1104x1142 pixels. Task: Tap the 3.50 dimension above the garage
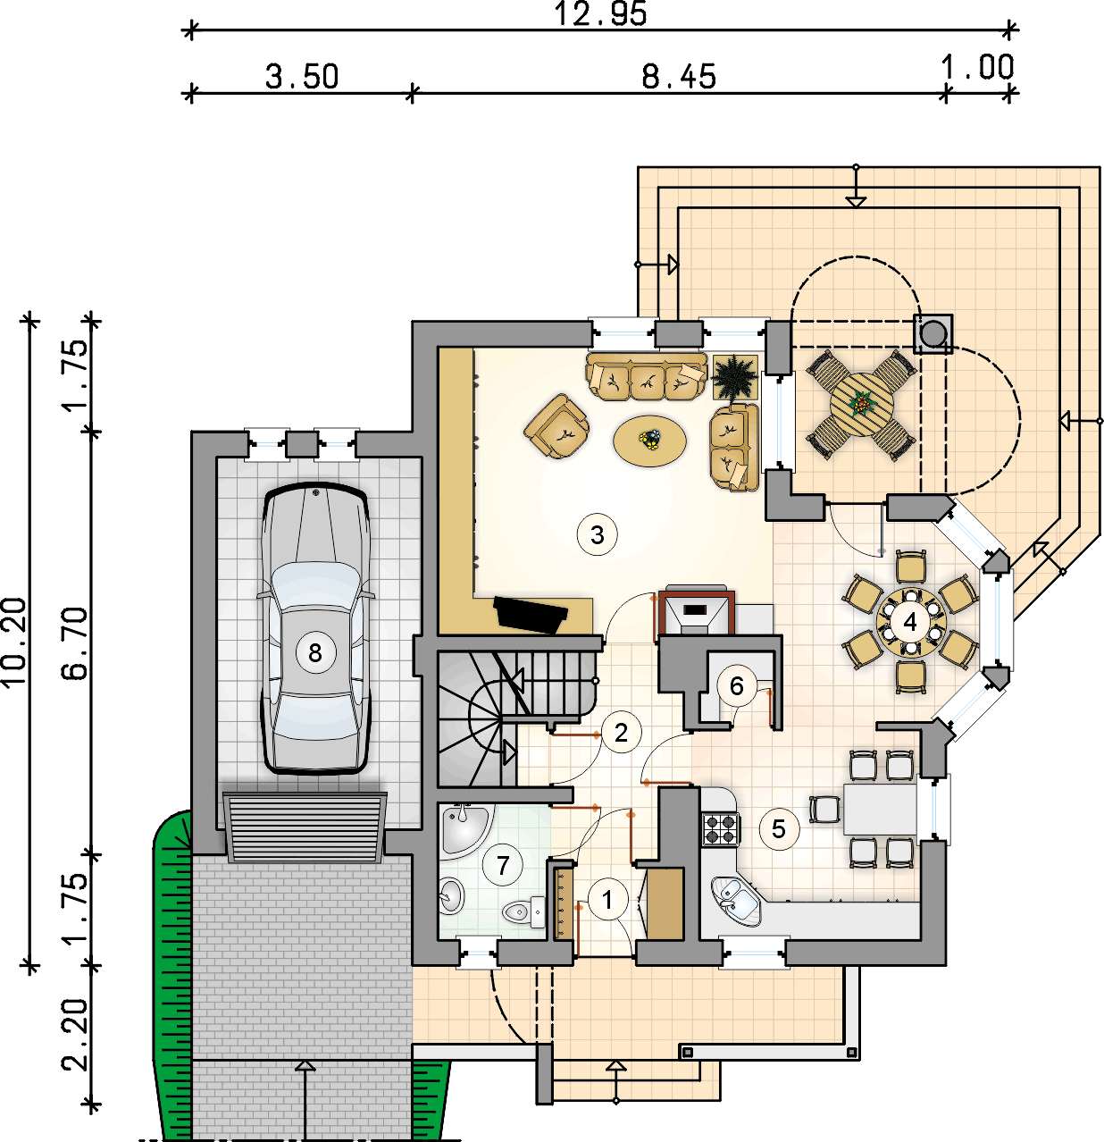pos(302,77)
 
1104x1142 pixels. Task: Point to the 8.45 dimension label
pos(679,77)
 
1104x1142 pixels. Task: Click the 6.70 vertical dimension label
pos(74,643)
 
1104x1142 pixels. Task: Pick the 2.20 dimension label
pos(74,1035)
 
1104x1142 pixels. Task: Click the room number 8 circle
pos(315,652)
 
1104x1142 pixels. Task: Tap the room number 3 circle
pos(598,534)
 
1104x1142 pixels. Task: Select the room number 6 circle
pos(737,685)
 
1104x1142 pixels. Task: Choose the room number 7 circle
pos(502,865)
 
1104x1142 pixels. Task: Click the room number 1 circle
pos(607,899)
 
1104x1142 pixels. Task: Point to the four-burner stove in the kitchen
pos(721,828)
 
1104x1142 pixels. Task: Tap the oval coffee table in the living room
pos(650,441)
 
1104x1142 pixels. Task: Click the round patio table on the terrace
pos(862,404)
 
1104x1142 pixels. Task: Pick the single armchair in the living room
pos(556,426)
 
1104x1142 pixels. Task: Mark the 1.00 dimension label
pos(977,67)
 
